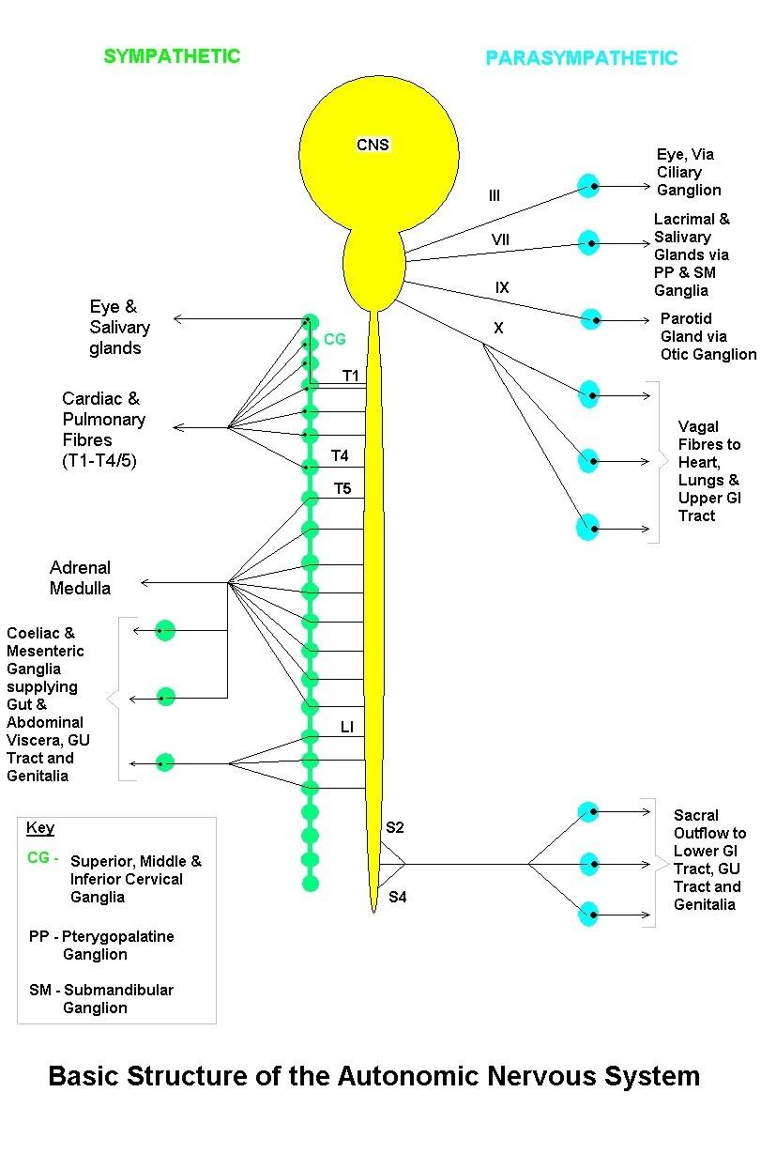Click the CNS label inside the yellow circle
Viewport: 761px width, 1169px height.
[373, 145]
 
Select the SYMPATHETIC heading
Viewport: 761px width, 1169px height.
[172, 56]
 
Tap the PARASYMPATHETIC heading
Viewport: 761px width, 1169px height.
[582, 58]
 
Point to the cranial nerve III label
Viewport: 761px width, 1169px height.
[494, 195]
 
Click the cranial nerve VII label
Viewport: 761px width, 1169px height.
[500, 239]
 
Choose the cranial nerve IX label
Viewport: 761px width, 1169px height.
[502, 287]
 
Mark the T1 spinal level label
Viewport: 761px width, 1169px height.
[351, 376]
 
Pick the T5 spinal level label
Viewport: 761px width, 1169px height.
[342, 488]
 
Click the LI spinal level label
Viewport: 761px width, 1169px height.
[347, 727]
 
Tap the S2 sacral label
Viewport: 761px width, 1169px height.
[395, 827]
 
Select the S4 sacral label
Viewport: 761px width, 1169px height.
[398, 897]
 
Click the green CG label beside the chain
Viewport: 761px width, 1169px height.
[335, 339]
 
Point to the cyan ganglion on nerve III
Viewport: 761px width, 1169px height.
[588, 186]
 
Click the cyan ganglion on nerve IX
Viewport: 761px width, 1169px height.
[591, 319]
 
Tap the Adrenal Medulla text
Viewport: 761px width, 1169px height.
[81, 577]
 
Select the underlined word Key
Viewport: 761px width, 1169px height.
[40, 828]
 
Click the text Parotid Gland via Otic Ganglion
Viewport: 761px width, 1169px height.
[708, 336]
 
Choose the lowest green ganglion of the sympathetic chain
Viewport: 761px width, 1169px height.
[311, 884]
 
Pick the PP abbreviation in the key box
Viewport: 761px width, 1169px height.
[39, 936]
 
